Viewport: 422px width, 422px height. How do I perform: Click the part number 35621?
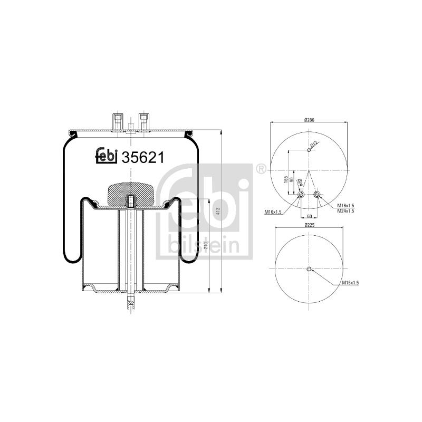coord(142,157)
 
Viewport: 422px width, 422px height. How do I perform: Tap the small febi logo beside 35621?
coord(107,156)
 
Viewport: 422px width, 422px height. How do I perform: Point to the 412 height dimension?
coord(218,210)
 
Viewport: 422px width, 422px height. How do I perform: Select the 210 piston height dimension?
coord(206,245)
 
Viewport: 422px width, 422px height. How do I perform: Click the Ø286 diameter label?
coord(310,120)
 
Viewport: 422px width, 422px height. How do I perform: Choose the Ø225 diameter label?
coord(310,225)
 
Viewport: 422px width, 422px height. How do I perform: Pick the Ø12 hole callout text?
coord(314,144)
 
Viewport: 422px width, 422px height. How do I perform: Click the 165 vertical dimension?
coord(286,179)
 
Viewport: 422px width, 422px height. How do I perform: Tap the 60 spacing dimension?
coord(309,216)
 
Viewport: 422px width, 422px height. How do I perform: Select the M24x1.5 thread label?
coord(346,211)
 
